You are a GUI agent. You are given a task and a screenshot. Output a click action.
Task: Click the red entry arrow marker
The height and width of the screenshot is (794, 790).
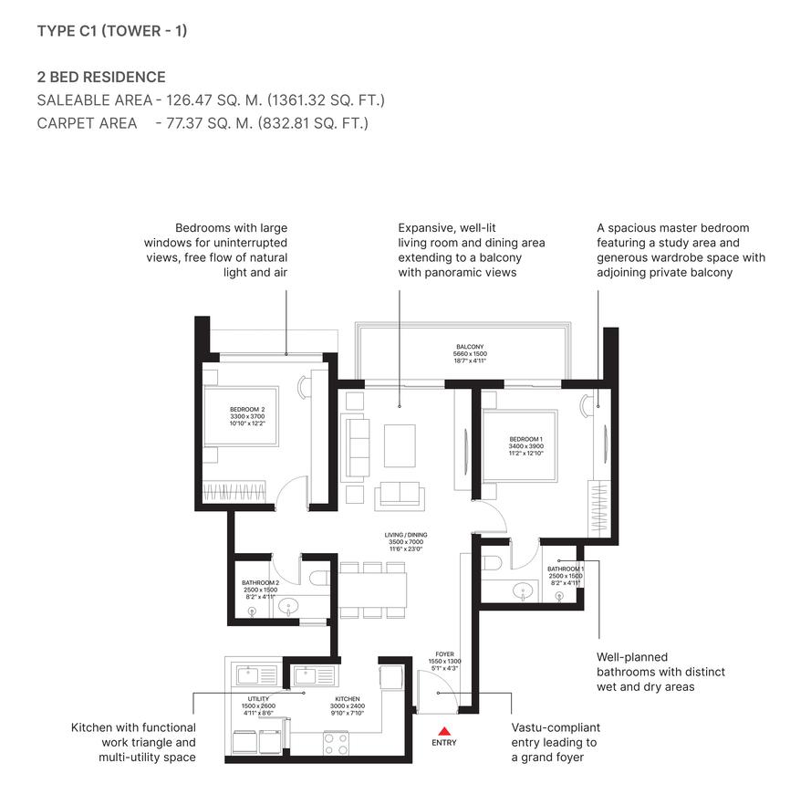pos(444,730)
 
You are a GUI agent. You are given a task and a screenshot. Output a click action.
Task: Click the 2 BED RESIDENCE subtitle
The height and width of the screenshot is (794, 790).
pos(101,77)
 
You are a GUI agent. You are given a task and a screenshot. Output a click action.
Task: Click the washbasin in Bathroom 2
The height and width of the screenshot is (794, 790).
pos(289,605)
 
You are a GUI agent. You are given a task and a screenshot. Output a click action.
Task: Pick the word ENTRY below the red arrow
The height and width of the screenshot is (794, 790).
pos(444,743)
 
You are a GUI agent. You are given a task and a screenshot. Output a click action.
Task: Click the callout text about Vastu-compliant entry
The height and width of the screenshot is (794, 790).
pos(555,742)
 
